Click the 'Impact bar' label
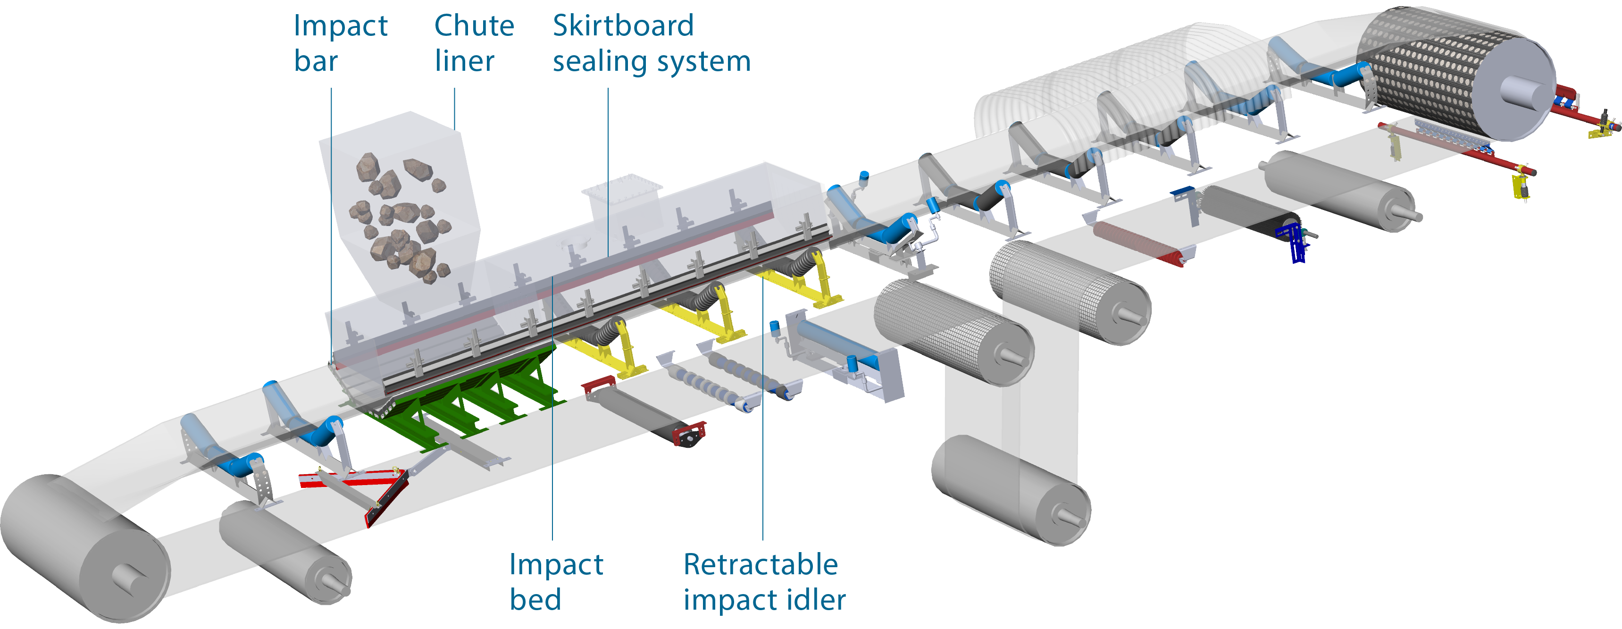[340, 43]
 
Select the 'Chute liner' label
[474, 43]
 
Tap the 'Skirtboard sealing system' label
[651, 43]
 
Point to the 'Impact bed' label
[556, 581]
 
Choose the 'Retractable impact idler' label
[764, 581]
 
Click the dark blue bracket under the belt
[1294, 243]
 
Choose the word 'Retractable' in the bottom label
[761, 564]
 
